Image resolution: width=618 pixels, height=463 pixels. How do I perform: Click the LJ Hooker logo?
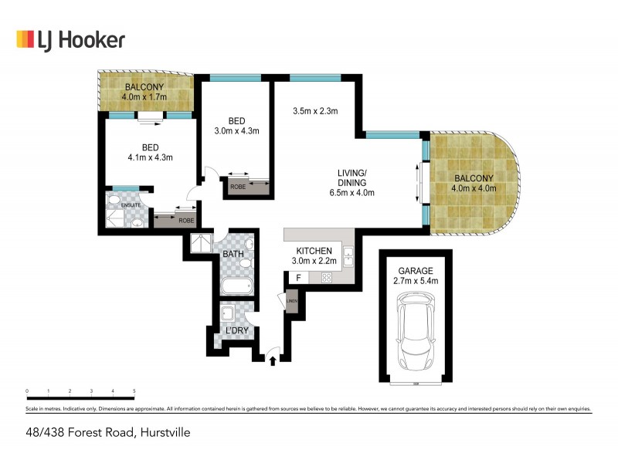(x=70, y=39)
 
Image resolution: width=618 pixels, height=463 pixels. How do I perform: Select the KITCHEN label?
(x=314, y=251)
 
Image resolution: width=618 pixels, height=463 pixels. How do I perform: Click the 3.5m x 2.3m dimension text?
(x=315, y=111)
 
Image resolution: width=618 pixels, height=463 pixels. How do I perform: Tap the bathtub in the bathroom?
(x=236, y=288)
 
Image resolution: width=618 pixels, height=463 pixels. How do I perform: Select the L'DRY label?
(x=235, y=331)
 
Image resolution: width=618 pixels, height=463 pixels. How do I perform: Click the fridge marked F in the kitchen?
(x=298, y=277)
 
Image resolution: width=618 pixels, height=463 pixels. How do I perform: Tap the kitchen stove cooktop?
(x=327, y=277)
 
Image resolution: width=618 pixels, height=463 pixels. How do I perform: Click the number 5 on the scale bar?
(x=134, y=391)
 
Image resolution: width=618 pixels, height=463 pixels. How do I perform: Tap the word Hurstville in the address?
(x=163, y=433)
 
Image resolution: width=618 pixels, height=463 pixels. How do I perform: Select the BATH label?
(x=233, y=254)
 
